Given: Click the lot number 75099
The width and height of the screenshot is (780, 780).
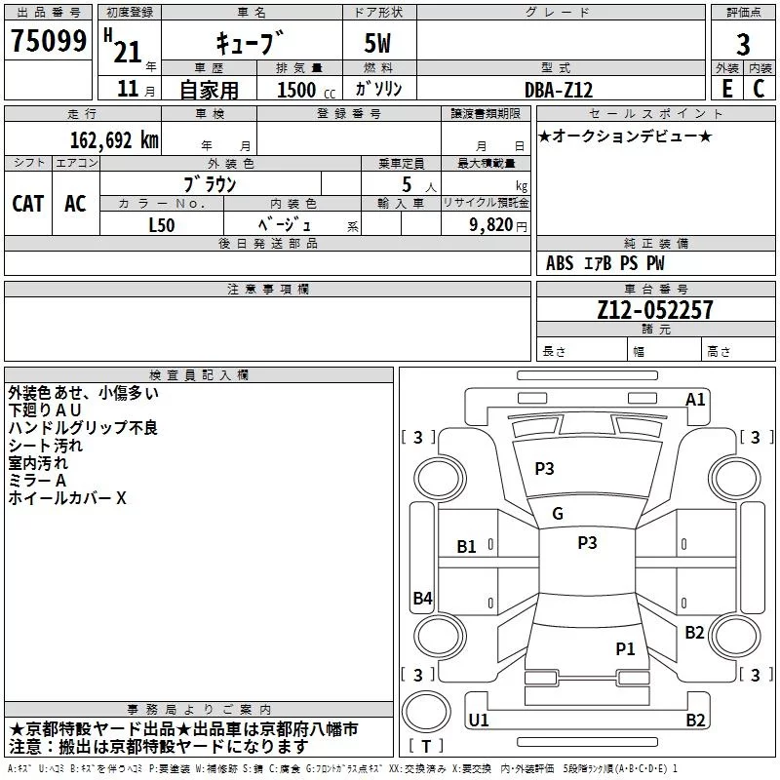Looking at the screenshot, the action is click(x=49, y=41).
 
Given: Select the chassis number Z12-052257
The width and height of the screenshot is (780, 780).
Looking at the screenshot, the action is click(x=655, y=309).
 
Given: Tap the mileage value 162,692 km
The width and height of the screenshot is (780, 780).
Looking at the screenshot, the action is click(x=114, y=139).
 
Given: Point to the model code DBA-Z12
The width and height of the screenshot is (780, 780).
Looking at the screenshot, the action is click(x=559, y=90).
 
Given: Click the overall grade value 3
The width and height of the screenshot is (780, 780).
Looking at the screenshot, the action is click(x=743, y=44).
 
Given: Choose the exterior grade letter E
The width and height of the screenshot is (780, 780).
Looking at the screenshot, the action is click(x=727, y=89).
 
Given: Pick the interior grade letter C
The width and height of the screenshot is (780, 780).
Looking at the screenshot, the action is click(x=759, y=89).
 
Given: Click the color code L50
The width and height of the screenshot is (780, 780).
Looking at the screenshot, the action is click(x=162, y=225).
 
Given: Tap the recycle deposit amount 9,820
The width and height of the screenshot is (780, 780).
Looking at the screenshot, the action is click(x=491, y=225).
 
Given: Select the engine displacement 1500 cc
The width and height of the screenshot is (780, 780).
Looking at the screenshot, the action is click(x=306, y=90).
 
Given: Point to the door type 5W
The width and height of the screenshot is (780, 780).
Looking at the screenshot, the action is click(x=377, y=43).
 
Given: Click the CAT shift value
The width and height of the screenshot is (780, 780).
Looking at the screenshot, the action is click(x=28, y=204).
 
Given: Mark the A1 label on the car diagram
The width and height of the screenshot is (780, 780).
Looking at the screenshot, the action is click(x=695, y=400).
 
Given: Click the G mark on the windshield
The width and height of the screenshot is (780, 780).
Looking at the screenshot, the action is click(x=558, y=514).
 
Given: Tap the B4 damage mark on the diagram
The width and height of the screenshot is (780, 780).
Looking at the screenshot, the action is click(x=423, y=598).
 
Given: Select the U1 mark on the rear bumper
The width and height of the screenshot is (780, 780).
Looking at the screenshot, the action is click(x=479, y=720).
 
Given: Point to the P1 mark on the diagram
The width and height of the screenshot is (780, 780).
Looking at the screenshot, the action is click(x=625, y=648).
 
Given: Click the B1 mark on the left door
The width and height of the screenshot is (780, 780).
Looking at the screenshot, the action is click(x=466, y=547).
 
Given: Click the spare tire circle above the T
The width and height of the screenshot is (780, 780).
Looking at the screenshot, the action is click(x=426, y=712).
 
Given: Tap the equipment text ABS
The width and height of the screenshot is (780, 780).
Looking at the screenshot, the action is click(x=560, y=263).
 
